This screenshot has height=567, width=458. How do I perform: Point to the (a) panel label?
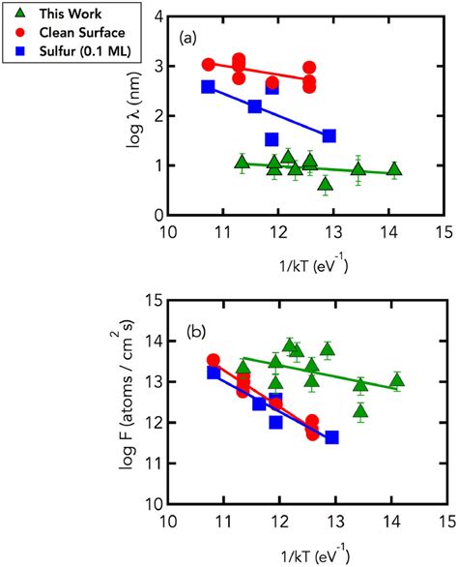192,40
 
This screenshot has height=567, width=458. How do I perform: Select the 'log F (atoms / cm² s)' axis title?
127,403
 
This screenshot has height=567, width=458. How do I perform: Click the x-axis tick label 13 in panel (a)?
333,232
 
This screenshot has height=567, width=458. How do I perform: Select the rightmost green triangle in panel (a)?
394,169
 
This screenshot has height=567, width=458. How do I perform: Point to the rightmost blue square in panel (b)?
331,437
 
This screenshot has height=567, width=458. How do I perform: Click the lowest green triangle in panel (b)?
360,411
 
